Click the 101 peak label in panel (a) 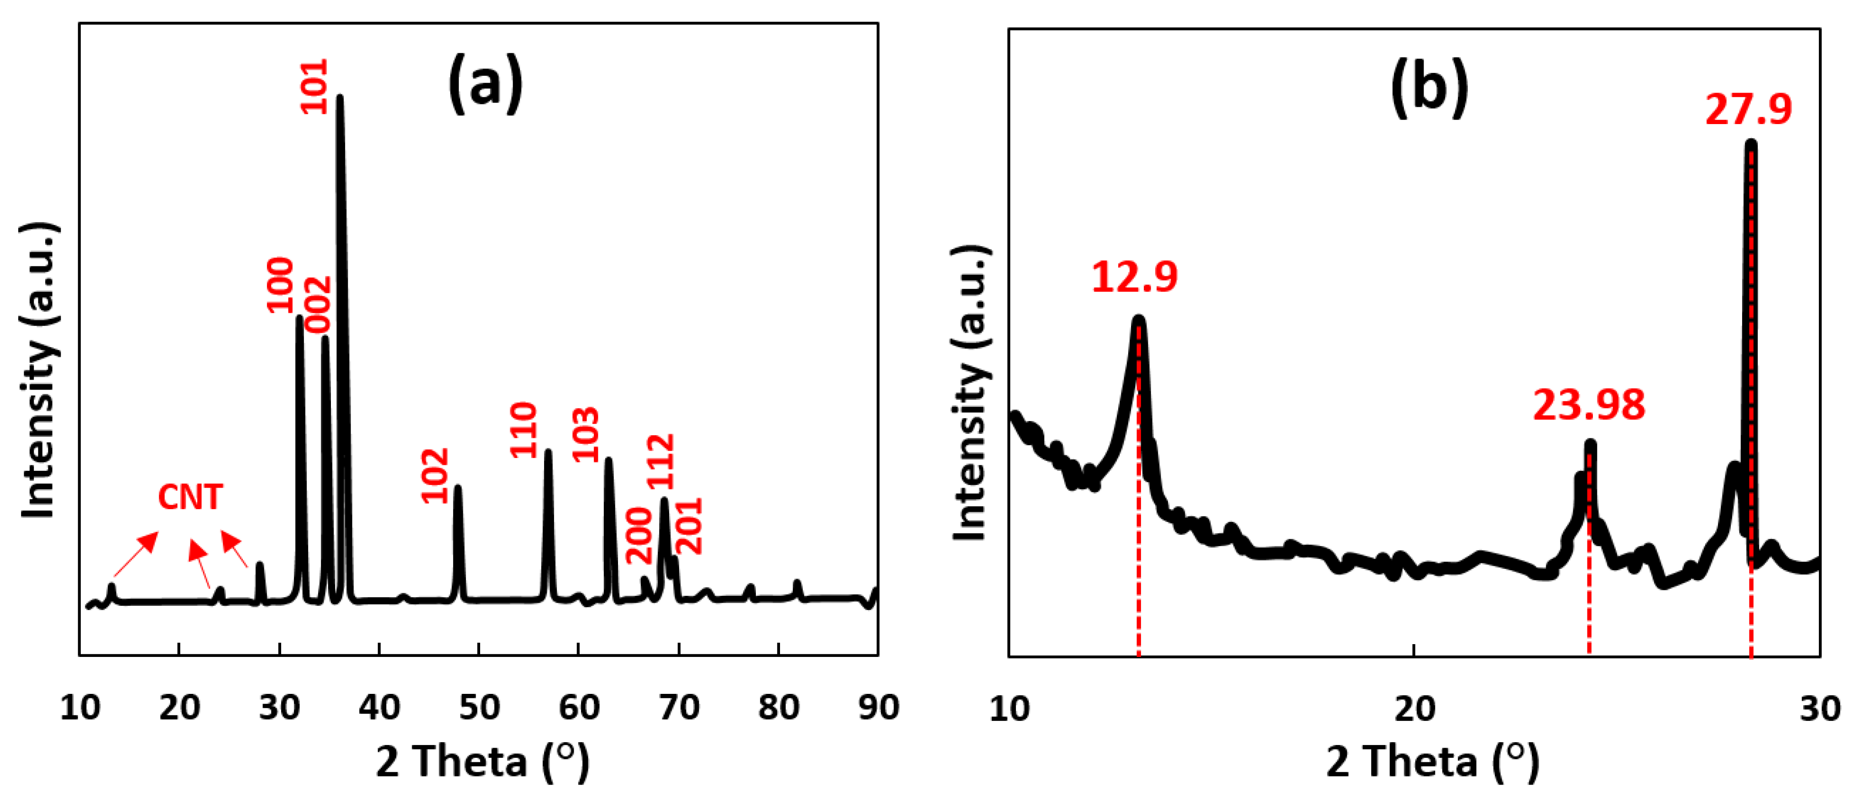coord(314,87)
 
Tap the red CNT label coord(190,497)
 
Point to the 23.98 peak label coord(1589,405)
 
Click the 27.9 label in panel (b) coord(1749,109)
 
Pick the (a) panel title coord(485,85)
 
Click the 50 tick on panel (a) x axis coord(479,708)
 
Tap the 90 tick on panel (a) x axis coord(878,708)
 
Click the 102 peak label coord(435,475)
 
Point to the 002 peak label coord(318,304)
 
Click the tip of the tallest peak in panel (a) coord(339,97)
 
